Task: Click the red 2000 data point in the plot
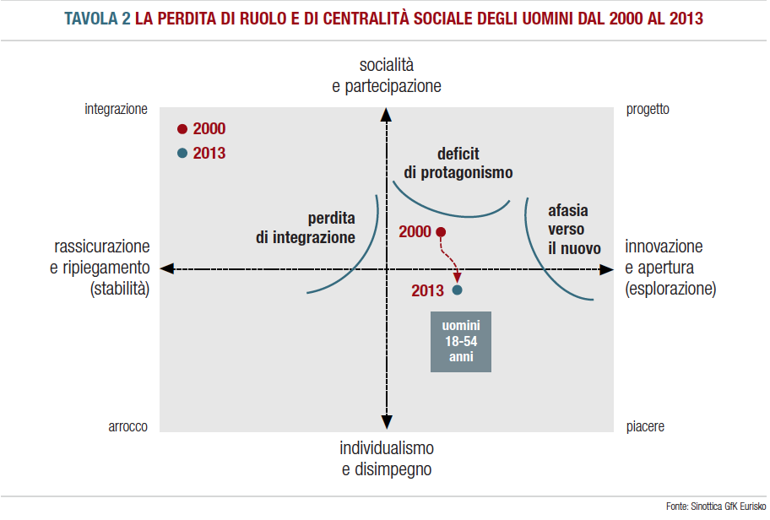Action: coord(441,232)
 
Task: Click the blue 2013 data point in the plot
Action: coord(458,290)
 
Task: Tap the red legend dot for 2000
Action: coord(182,129)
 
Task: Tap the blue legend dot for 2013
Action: coord(182,154)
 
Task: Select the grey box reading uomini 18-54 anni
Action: coord(460,342)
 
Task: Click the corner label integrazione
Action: coord(117,109)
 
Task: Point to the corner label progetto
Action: coord(648,109)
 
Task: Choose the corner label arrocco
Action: coord(128,427)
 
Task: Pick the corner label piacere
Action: coord(645,427)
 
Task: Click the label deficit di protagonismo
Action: coord(458,163)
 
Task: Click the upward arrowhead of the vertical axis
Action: coord(386,115)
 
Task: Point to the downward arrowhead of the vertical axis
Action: coord(386,423)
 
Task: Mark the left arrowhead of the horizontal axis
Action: coord(167,268)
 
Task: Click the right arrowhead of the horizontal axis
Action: coord(606,268)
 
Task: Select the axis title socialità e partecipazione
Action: coord(387,75)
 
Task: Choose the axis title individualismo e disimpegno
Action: coord(387,458)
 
